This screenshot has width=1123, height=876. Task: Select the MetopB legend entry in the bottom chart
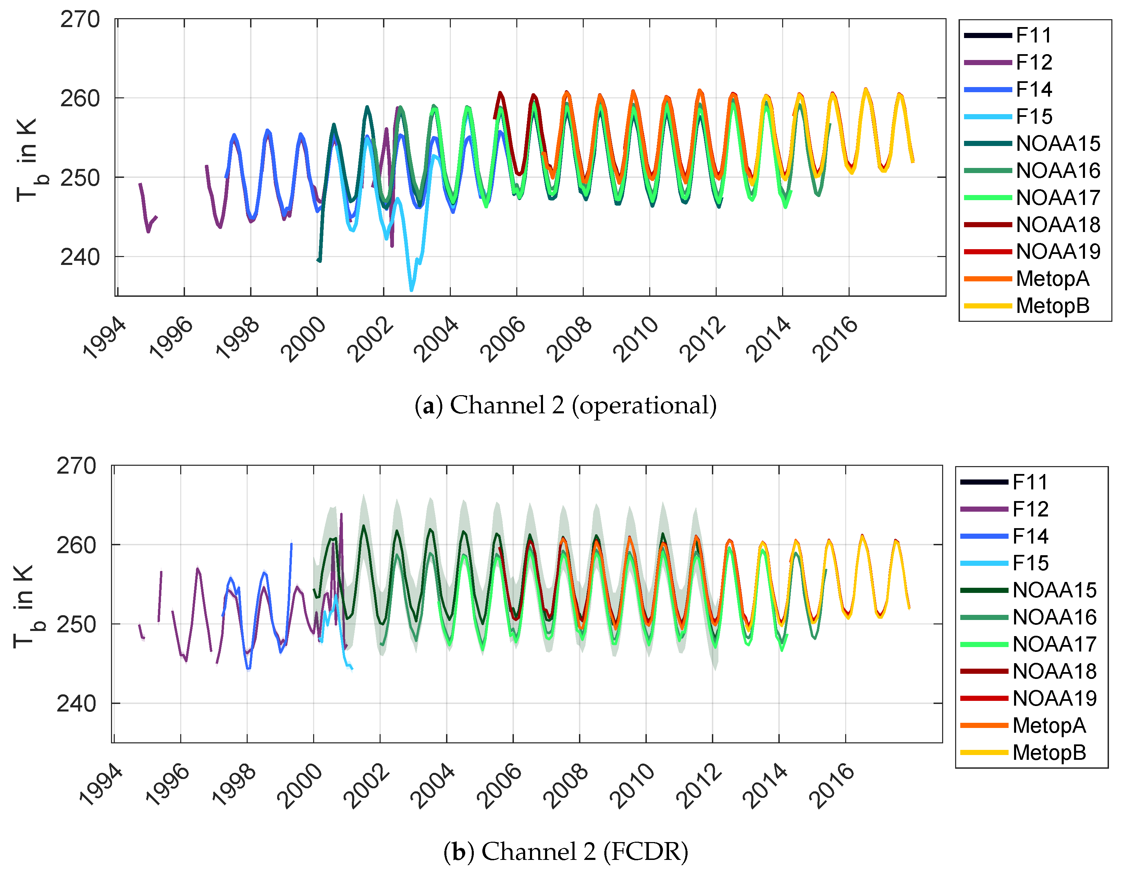coord(1049,753)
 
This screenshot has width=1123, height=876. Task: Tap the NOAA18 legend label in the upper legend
coord(1058,225)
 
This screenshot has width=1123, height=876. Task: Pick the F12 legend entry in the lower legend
coord(1030,509)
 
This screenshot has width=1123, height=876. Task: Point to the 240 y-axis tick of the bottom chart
coord(76,703)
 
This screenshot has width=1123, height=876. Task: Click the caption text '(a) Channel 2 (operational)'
coord(565,405)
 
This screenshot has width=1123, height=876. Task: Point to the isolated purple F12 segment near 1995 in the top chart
coord(148,216)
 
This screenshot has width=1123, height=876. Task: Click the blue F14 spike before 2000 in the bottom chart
coord(291,545)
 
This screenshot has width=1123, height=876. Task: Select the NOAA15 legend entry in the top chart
coord(1058,144)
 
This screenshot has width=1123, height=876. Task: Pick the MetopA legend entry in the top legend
coord(1052,279)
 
